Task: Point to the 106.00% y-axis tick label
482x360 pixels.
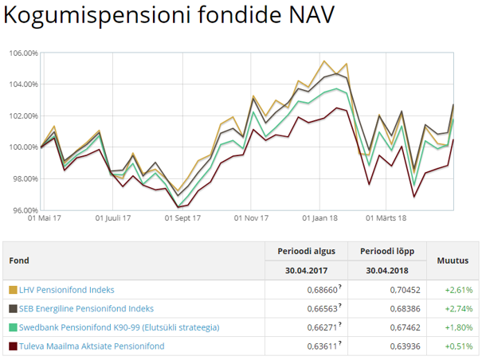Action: (x=23, y=53)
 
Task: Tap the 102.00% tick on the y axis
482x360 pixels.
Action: (x=23, y=116)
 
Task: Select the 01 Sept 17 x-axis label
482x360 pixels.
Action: (x=182, y=217)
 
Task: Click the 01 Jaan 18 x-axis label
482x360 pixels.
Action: (x=321, y=217)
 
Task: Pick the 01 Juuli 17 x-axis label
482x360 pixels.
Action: (x=113, y=217)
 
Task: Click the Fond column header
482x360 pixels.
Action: (x=19, y=260)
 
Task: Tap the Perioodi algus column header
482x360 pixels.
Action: (x=307, y=251)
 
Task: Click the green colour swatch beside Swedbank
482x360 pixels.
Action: (x=12, y=327)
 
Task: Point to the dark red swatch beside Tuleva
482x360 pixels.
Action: (x=12, y=346)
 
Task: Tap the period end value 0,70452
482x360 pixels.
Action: (x=403, y=290)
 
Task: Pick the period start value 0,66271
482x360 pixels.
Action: (x=321, y=327)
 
